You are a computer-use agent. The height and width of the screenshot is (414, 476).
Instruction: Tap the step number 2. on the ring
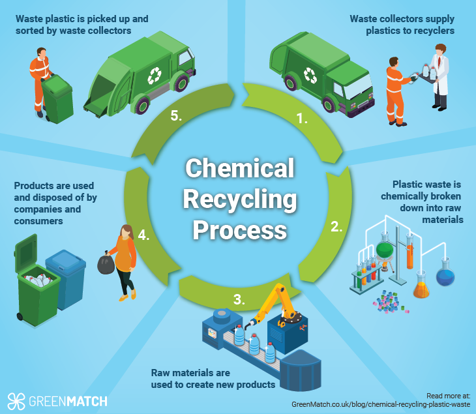coord(336,227)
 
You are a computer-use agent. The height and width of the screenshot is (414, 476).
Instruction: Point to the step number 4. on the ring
coord(144,234)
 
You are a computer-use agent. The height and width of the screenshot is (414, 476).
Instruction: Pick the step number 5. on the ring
coord(174,115)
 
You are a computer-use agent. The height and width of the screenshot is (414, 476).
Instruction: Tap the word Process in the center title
coord(239,229)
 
